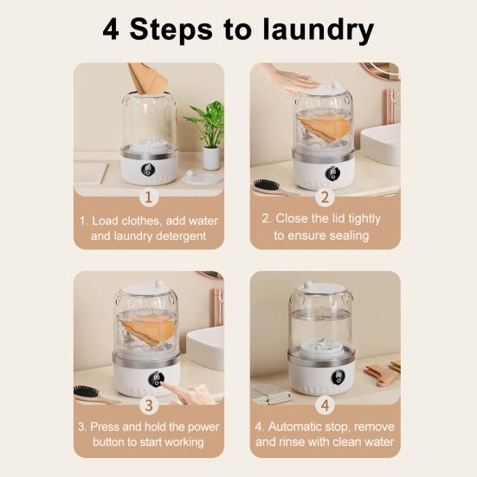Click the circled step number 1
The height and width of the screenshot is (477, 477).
pyautogui.click(x=148, y=197)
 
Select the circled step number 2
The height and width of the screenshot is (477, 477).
pyautogui.click(x=326, y=197)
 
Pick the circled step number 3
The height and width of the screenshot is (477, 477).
pyautogui.click(x=148, y=405)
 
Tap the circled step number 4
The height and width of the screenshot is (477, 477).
pyautogui.click(x=326, y=405)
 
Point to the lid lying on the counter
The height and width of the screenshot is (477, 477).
pyautogui.click(x=201, y=177)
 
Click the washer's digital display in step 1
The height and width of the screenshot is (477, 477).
pyautogui.click(x=148, y=169)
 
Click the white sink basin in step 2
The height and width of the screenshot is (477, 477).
pyautogui.click(x=381, y=143)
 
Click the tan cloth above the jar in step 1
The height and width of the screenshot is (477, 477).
pyautogui.click(x=148, y=78)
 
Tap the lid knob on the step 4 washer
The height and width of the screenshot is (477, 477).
pyautogui.click(x=308, y=287)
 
